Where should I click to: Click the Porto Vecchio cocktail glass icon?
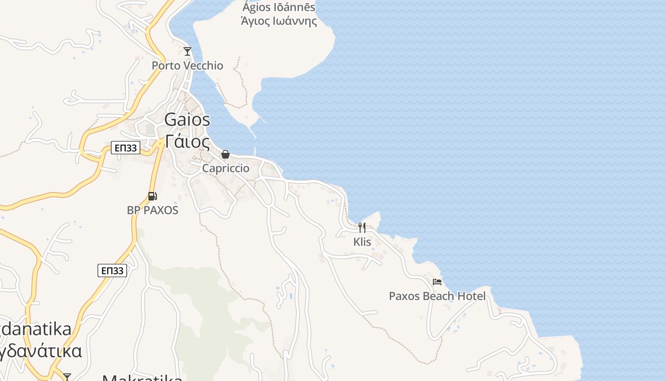point(187,51)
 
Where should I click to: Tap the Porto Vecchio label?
point(187,65)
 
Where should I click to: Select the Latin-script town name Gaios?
point(187,120)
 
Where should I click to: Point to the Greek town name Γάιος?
point(187,141)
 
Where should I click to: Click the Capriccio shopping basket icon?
point(225,154)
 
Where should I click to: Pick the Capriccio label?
point(225,168)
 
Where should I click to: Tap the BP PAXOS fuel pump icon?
point(152,196)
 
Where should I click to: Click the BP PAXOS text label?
point(152,210)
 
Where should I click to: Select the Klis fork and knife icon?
point(362,228)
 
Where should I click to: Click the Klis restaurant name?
point(362,242)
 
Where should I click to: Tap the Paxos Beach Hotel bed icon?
point(437,282)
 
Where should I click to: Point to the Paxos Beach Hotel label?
point(437,296)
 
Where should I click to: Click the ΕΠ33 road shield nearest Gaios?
point(126,148)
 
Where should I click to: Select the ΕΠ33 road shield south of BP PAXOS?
point(112,271)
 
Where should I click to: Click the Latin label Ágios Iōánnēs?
point(279,7)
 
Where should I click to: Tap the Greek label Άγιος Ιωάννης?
point(279,21)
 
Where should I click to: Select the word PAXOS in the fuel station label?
point(159,210)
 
